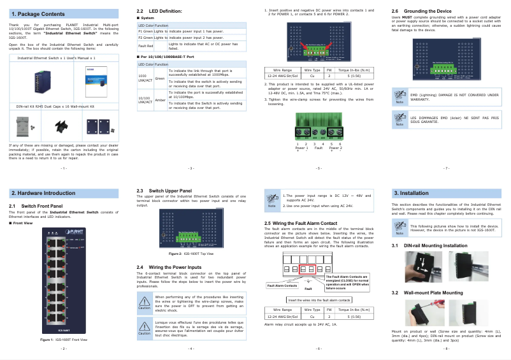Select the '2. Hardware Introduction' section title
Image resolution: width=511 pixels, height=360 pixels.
click(x=43, y=192)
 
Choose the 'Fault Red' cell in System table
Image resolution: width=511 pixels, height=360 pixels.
click(x=145, y=46)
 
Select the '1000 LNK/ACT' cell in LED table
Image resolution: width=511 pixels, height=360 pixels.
click(x=145, y=78)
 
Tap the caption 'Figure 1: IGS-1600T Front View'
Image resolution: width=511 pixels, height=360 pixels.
click(x=64, y=340)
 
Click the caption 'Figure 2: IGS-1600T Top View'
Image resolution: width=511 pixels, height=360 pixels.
click(x=191, y=253)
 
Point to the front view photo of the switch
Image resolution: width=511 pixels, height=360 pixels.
click(x=64, y=280)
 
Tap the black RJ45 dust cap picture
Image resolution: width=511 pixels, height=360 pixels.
click(x=62, y=127)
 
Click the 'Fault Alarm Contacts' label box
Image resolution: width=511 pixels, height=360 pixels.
click(x=282, y=285)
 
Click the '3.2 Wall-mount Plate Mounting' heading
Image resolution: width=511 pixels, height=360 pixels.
click(x=427, y=292)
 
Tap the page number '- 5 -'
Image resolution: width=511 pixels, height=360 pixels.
click(x=319, y=168)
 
